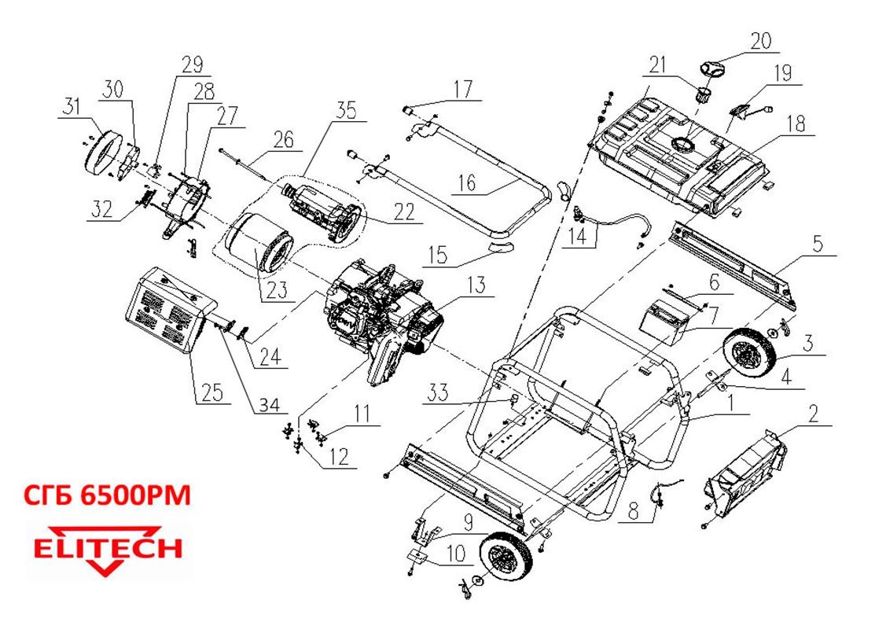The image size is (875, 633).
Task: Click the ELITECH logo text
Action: (107, 549)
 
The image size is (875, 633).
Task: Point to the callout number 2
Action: (814, 412)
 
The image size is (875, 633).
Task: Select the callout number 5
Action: (818, 244)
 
